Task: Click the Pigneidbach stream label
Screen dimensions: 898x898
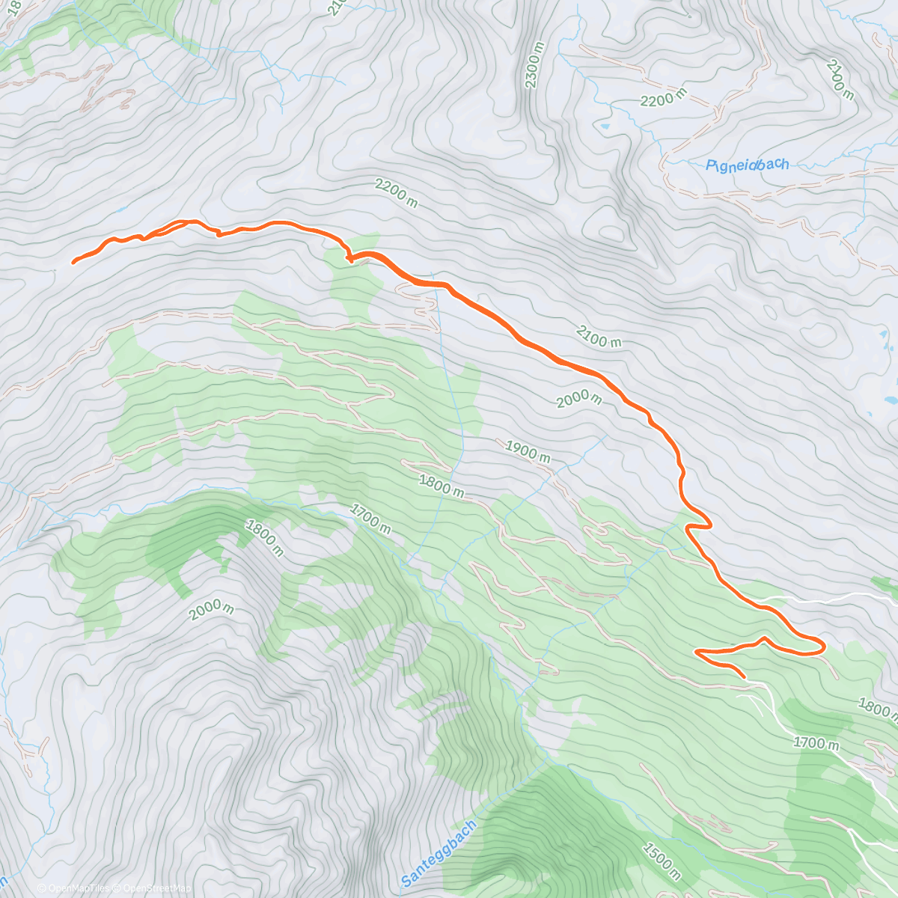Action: click(747, 165)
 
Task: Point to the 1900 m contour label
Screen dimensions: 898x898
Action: click(528, 452)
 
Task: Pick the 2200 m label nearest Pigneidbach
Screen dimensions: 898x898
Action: click(663, 98)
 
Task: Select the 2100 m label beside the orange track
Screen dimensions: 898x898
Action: click(599, 336)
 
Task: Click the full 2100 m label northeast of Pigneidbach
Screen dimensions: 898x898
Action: click(840, 80)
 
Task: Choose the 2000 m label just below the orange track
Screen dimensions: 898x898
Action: click(579, 400)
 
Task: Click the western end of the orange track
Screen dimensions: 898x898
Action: click(73, 262)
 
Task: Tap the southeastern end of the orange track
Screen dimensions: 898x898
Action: click(744, 677)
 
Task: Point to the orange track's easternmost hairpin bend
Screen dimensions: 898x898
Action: click(822, 646)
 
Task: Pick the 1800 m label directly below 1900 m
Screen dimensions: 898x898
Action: click(442, 487)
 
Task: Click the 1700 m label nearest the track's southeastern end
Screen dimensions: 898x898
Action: click(817, 743)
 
